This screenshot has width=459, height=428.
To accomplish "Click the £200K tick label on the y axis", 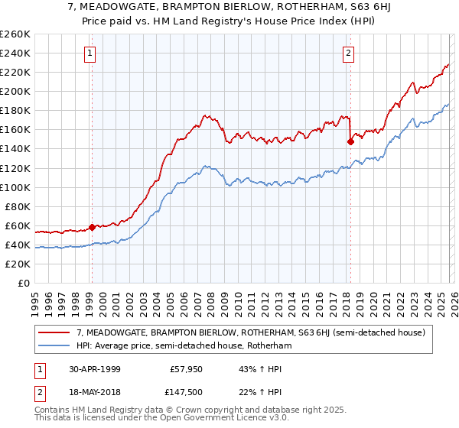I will pos(15,91).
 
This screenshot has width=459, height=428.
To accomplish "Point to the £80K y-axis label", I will pos(18,206).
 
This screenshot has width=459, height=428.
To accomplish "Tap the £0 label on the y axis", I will pos(24,283).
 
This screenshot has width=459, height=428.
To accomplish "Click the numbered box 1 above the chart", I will pos(91,53).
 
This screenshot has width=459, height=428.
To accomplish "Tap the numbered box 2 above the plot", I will pos(349,53).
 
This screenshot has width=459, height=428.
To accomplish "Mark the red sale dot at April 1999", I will pos(92,227).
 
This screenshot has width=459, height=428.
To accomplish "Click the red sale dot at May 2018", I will pos(350,141).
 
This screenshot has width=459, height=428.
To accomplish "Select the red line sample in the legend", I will pos(55,332).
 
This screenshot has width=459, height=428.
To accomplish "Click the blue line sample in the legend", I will pos(55,345).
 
